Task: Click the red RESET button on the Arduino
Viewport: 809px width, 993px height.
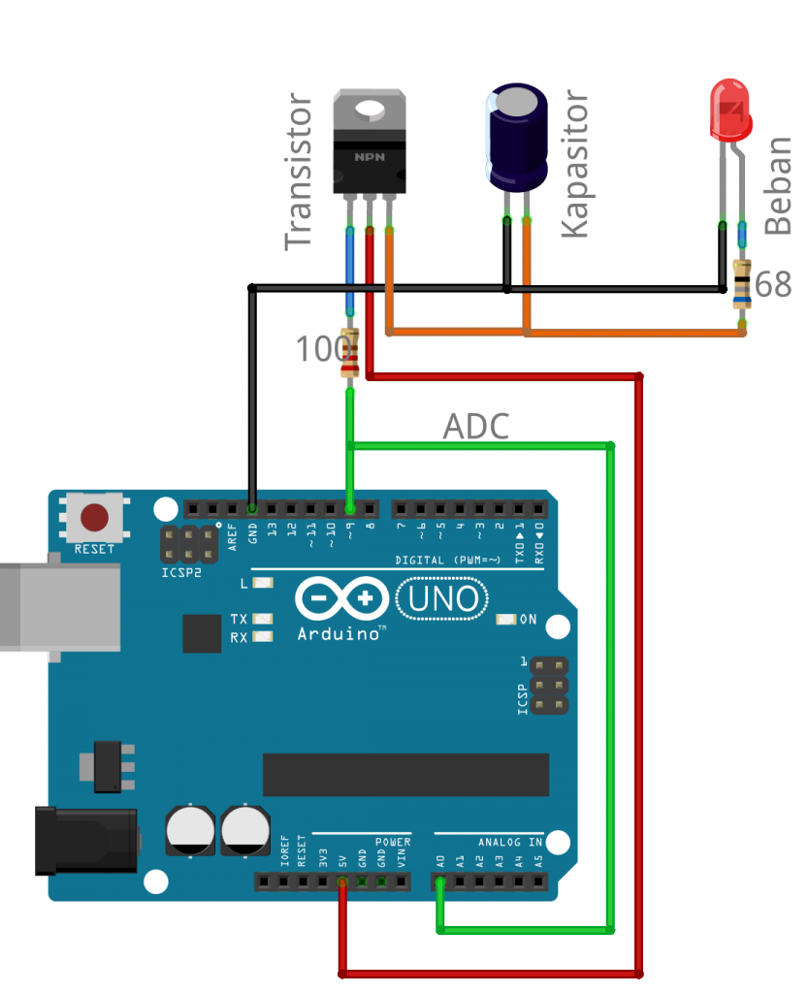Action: pyautogui.click(x=94, y=518)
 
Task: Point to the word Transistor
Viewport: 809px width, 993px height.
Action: pyautogui.click(x=299, y=173)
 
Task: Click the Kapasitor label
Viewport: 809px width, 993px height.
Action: pyautogui.click(x=575, y=164)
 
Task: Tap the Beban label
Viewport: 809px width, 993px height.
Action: pyautogui.click(x=778, y=185)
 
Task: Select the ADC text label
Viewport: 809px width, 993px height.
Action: pyautogui.click(x=475, y=426)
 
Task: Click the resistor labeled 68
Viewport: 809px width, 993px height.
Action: pyautogui.click(x=742, y=284)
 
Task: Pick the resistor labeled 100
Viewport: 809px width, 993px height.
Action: pyautogui.click(x=350, y=353)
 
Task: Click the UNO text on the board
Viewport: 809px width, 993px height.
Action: pyautogui.click(x=442, y=598)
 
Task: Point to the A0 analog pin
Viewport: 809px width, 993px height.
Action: pyautogui.click(x=440, y=881)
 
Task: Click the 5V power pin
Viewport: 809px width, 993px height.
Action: pyautogui.click(x=341, y=881)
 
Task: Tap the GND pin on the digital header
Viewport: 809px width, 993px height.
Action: pyautogui.click(x=251, y=508)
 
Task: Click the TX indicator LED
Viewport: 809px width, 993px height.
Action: pyautogui.click(x=260, y=619)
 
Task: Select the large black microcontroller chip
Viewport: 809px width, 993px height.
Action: pyautogui.click(x=405, y=774)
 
